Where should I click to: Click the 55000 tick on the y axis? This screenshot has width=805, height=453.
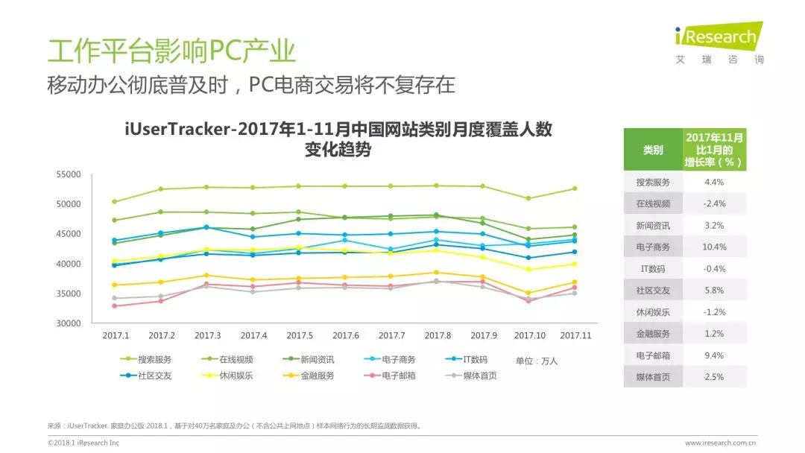69,174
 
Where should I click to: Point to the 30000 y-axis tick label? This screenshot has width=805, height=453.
69,323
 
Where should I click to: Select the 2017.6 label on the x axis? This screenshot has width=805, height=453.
345,336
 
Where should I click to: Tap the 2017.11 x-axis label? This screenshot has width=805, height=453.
575,336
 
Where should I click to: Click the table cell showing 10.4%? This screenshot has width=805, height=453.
715,247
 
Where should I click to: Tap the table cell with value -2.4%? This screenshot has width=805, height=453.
715,203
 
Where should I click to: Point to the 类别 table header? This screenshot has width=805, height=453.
653,150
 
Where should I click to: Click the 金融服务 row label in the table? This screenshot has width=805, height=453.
653,334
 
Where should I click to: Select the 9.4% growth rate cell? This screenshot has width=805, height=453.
715,355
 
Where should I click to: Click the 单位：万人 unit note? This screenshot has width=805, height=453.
537,361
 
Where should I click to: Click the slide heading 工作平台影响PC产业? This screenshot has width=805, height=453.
171,51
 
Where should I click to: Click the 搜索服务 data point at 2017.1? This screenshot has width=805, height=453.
115,201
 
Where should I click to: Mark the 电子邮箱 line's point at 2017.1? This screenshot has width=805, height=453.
115,306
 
